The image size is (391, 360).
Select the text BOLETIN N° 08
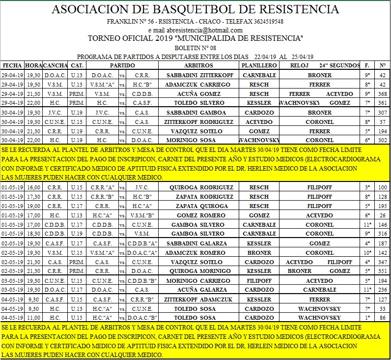click(x=195, y=48)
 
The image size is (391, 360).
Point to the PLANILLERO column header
click(x=259, y=65)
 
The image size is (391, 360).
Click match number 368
click(x=382, y=93)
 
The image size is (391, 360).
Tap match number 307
click(x=382, y=112)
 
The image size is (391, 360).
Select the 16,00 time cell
click(x=33, y=187)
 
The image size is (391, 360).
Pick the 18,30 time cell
click(x=33, y=234)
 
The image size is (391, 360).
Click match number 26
click(x=382, y=215)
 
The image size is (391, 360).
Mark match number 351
click(x=382, y=271)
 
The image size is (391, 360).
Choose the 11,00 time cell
click(x=33, y=318)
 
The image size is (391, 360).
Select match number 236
click(x=382, y=290)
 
